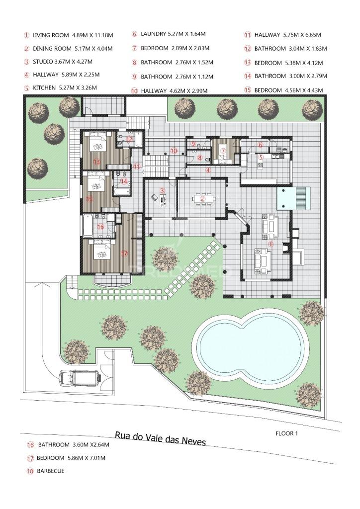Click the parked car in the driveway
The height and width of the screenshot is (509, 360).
(80, 378)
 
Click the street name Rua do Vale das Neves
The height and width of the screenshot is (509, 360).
(161, 438)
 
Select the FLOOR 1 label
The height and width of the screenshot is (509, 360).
(286, 433)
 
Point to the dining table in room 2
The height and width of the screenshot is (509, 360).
(203, 198)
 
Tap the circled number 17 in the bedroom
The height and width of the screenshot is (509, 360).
(124, 254)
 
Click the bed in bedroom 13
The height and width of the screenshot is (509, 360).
(98, 144)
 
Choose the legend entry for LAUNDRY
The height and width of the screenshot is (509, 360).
(169, 34)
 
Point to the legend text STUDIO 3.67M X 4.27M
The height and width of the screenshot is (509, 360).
(58, 62)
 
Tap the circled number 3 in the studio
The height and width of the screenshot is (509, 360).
(162, 191)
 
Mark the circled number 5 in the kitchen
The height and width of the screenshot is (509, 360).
(261, 158)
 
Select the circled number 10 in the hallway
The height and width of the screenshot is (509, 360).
(174, 151)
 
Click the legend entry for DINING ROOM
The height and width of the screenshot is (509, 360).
(68, 49)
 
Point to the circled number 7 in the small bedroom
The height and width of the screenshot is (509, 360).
(223, 151)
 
